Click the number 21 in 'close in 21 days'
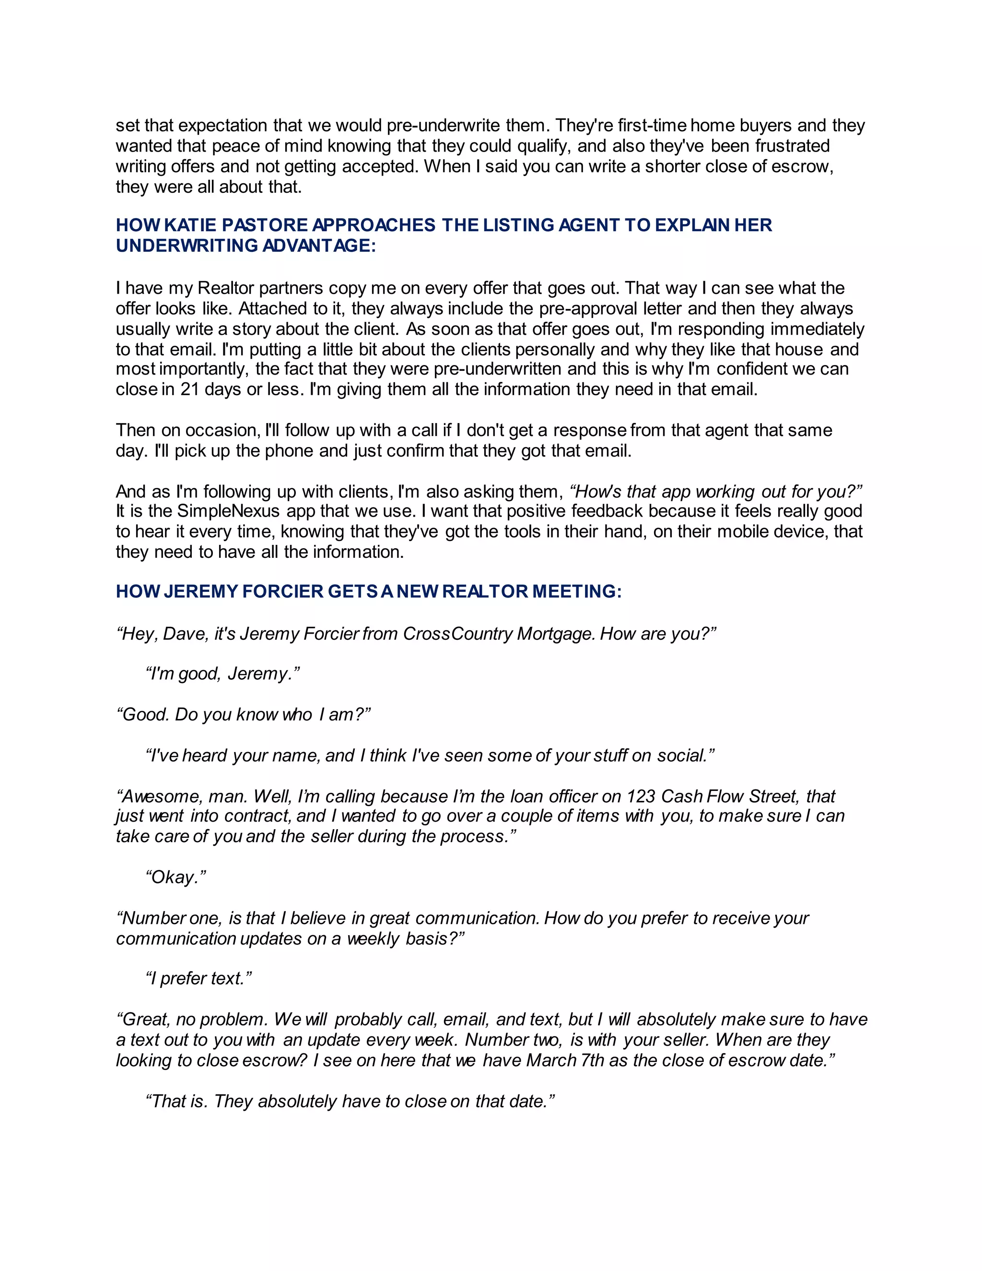tap(190, 389)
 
